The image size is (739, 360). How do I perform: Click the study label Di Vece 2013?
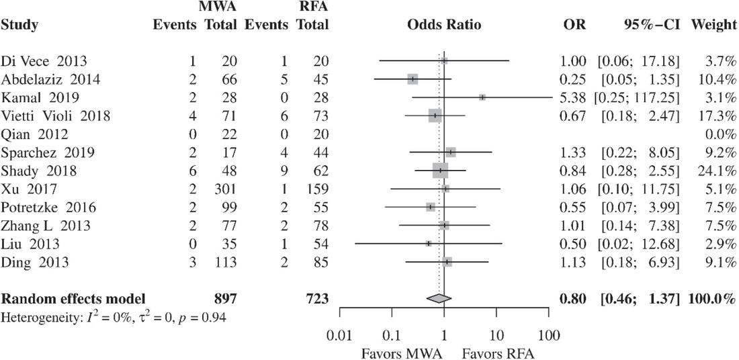point(44,61)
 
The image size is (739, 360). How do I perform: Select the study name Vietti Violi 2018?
point(56,116)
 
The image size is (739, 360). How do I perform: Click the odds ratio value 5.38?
point(573,98)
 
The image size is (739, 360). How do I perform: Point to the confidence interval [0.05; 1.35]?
point(636,80)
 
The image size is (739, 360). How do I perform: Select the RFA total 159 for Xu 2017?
point(316,189)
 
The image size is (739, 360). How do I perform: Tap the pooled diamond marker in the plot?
point(439,298)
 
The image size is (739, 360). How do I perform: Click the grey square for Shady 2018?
point(441,171)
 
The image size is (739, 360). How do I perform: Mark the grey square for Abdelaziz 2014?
point(412,79)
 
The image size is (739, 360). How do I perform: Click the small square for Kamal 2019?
point(482,97)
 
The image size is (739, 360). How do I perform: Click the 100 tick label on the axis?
point(549,335)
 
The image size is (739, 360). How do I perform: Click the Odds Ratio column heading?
point(444,26)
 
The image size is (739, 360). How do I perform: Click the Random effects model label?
point(73,298)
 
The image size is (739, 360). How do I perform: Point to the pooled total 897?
point(224,298)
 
